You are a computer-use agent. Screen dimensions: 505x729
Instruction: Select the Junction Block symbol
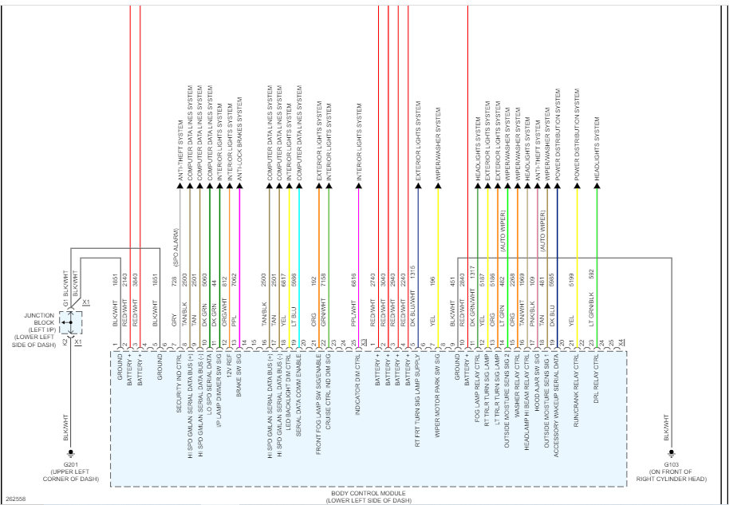pos(71,322)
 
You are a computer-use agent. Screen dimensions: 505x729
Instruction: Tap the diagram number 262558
pos(15,499)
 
